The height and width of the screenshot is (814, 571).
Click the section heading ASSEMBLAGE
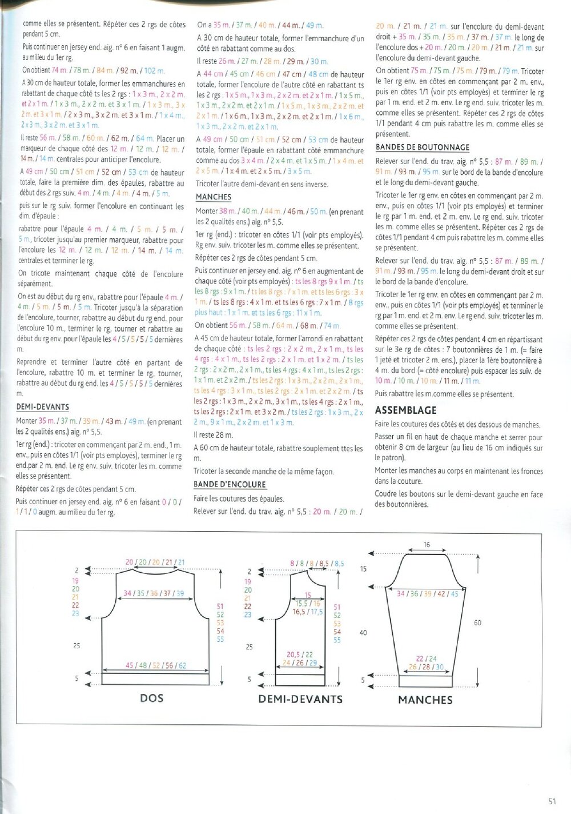pyautogui.click(x=405, y=410)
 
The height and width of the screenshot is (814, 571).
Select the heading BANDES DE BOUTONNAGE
pyautogui.click(x=422, y=147)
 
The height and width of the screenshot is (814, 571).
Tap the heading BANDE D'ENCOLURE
pyautogui.click(x=230, y=484)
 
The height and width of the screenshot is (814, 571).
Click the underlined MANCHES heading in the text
pyautogui.click(x=213, y=197)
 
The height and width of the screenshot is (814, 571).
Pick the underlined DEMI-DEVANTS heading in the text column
pyautogui.click(x=42, y=407)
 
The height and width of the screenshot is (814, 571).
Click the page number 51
pyautogui.click(x=552, y=801)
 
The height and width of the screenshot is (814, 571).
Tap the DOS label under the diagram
pyautogui.click(x=151, y=698)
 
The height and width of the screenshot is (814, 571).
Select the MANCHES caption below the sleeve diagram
pyautogui.click(x=425, y=700)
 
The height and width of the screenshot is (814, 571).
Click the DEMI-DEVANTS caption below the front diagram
pyautogui.click(x=300, y=699)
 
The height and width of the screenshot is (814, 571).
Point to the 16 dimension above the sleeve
pyautogui.click(x=427, y=545)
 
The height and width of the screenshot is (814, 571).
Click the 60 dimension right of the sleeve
pyautogui.click(x=477, y=623)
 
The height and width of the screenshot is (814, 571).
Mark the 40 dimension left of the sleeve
pyautogui.click(x=363, y=633)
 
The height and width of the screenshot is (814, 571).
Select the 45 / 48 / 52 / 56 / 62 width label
pyautogui.click(x=156, y=665)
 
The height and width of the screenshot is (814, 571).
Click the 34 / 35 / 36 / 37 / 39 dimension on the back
pyautogui.click(x=154, y=593)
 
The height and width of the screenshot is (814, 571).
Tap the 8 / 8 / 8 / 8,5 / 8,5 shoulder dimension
pyautogui.click(x=317, y=563)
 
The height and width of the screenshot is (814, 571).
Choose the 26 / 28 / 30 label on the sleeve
pyautogui.click(x=426, y=667)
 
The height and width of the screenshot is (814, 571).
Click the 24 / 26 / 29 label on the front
pyautogui.click(x=300, y=663)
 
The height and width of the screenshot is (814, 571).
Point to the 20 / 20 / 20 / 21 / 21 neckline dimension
pyautogui.click(x=155, y=562)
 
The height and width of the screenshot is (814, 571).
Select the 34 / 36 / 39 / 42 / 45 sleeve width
pyautogui.click(x=427, y=594)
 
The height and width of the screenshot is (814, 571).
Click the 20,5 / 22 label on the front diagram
pyautogui.click(x=300, y=655)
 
